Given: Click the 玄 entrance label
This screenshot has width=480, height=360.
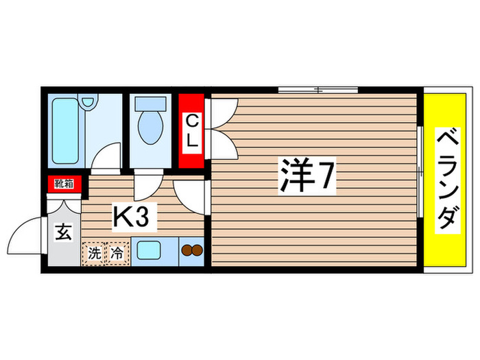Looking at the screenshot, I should tap(62, 232).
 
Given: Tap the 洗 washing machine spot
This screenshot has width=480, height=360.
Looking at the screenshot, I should tap(94, 252).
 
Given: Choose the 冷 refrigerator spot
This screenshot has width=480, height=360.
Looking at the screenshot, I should tap(117, 252).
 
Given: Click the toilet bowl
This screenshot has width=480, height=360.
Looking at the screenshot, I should tap(147, 125).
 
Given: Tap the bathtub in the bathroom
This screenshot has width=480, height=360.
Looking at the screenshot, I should tap(67, 130).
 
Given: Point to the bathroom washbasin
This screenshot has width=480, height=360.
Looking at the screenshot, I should tap(87, 103).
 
